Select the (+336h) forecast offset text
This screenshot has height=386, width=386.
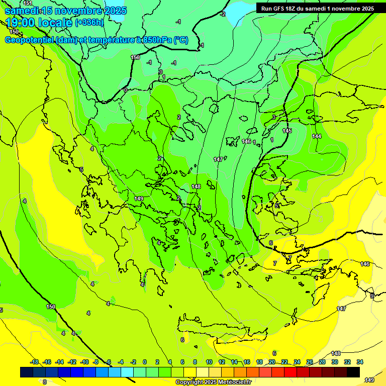pos(89,23)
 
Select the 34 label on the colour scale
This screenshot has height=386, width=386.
pos(359,362)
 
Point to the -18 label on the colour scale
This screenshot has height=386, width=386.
pos(35,362)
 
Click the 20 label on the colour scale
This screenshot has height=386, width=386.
pos(272,362)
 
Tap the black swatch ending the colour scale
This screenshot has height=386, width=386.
pos(353,372)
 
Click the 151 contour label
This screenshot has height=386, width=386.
pos(28,3)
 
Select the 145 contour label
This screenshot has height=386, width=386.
pos(287,131)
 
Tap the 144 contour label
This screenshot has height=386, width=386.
pos(317,136)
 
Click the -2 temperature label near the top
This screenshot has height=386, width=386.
pos(223,14)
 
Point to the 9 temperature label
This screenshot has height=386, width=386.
pos(372,296)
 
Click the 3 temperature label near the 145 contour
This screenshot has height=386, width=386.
pos(274,117)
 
